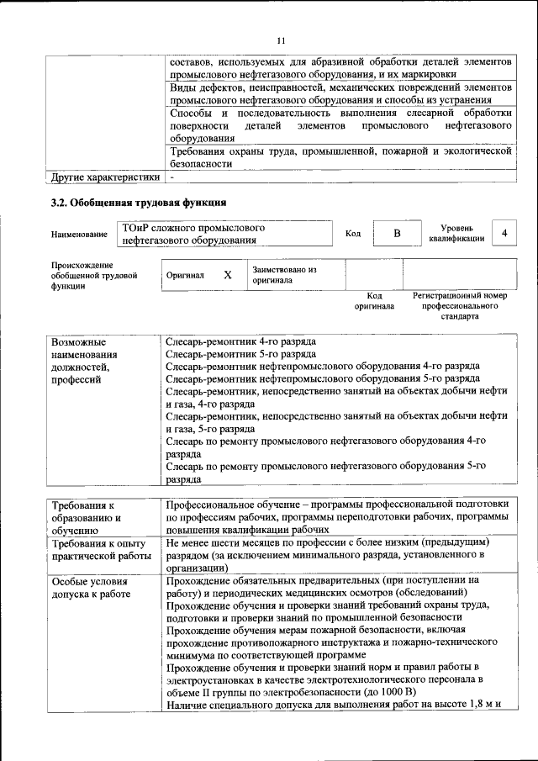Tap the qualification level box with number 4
coord(504,233)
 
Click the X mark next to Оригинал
coord(227,275)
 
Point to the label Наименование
coord(79,234)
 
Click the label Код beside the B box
coord(353,233)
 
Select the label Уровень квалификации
coord(456,233)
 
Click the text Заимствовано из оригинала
coord(284,275)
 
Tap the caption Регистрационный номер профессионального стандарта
coord(459,307)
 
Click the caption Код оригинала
coord(374,301)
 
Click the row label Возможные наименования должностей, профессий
coord(84,361)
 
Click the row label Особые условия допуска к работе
coord(90,588)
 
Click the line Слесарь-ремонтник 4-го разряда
coord(240,342)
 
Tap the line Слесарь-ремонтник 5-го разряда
coord(240,354)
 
